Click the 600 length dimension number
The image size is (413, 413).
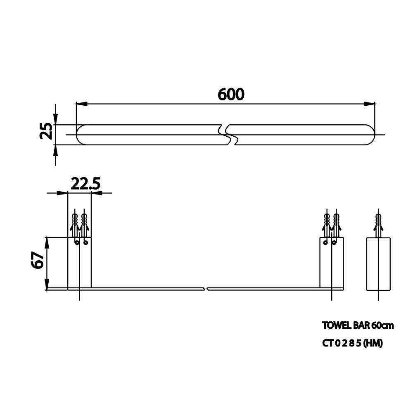(x=231, y=94)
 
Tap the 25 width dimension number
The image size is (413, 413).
(x=46, y=131)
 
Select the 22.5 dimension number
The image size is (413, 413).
(x=85, y=184)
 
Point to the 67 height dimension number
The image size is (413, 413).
(x=38, y=260)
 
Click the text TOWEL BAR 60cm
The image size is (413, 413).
(x=358, y=325)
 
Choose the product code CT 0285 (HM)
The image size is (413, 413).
(x=352, y=343)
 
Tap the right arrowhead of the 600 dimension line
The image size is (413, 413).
(x=369, y=104)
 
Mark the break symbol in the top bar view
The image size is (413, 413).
(x=228, y=135)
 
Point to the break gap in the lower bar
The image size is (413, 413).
(x=206, y=289)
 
